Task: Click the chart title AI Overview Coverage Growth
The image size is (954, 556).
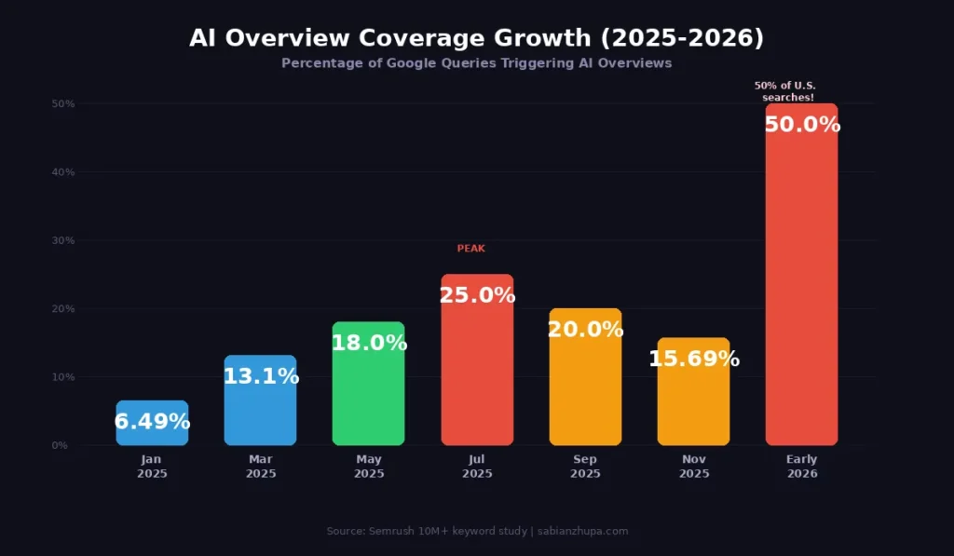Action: pyautogui.click(x=476, y=38)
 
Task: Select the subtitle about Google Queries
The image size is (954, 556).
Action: pyautogui.click(x=476, y=63)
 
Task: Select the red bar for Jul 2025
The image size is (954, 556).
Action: pyautogui.click(x=477, y=373)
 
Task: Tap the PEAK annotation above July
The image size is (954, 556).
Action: pyautogui.click(x=470, y=249)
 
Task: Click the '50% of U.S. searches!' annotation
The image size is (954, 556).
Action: pyautogui.click(x=785, y=91)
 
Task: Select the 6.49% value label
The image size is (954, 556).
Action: pyautogui.click(x=152, y=422)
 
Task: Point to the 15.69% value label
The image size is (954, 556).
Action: pyautogui.click(x=693, y=359)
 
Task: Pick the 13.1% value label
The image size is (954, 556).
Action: pyautogui.click(x=260, y=376)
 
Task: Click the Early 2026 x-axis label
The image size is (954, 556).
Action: pyautogui.click(x=801, y=467)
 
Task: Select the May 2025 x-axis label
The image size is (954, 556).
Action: pyautogui.click(x=368, y=467)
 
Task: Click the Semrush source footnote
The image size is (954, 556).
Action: pyautogui.click(x=477, y=531)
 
